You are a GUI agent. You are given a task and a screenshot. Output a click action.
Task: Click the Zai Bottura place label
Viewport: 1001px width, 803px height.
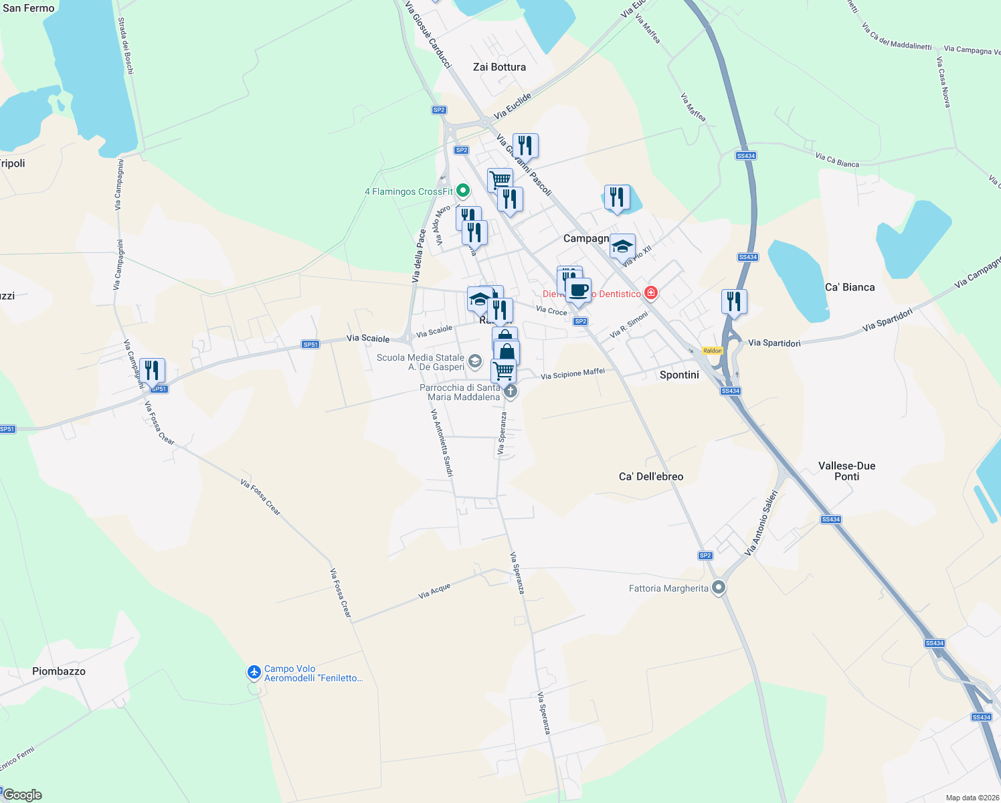click(499, 67)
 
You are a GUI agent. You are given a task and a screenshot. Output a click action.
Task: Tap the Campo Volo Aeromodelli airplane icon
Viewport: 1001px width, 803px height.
click(254, 672)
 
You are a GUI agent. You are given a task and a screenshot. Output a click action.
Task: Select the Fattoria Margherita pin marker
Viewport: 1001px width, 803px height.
click(719, 588)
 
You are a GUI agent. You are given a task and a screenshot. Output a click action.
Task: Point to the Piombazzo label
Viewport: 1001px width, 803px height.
click(59, 671)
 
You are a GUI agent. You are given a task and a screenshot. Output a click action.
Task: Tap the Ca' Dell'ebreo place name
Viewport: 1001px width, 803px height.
click(651, 476)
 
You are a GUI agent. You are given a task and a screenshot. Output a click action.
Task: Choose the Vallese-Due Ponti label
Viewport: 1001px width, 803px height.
click(846, 471)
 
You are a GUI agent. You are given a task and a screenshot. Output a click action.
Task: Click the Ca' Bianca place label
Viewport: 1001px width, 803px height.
click(850, 287)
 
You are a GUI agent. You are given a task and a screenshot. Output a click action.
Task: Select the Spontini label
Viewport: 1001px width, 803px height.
click(679, 375)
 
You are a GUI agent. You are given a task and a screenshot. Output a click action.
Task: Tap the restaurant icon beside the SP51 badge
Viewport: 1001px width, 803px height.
click(153, 369)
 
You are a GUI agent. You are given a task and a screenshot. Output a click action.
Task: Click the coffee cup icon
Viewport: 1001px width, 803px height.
click(579, 290)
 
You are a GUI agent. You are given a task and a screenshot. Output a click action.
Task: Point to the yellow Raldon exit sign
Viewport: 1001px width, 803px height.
click(713, 351)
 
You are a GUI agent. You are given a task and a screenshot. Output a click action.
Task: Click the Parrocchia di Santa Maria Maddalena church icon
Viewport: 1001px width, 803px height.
click(511, 391)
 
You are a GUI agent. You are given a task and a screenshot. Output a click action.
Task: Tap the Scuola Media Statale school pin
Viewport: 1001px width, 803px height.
click(474, 362)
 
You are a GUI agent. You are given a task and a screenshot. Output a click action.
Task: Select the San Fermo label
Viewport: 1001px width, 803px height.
click(29, 8)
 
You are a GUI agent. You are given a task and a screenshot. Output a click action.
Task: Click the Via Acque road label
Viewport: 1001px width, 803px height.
click(434, 591)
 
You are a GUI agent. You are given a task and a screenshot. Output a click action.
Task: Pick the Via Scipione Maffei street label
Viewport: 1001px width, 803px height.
click(573, 373)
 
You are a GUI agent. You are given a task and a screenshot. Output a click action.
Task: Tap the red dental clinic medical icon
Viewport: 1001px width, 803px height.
click(650, 292)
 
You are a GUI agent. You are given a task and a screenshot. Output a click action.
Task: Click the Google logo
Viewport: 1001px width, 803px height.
click(23, 795)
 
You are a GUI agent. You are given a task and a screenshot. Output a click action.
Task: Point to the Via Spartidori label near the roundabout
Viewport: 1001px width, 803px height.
click(774, 343)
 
